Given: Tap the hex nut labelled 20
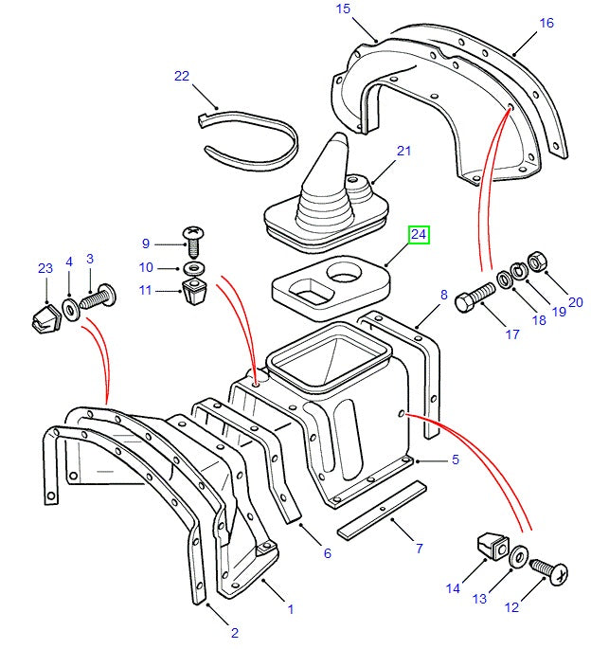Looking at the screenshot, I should pos(533,259).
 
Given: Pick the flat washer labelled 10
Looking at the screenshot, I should pos(193,267).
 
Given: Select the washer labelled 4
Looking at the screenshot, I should pos(70,308).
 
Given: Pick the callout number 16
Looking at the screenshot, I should pos(546,23).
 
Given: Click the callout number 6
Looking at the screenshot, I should pos(327,553).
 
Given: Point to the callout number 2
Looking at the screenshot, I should pos(234,633).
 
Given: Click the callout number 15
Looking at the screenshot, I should pos(342,9).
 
